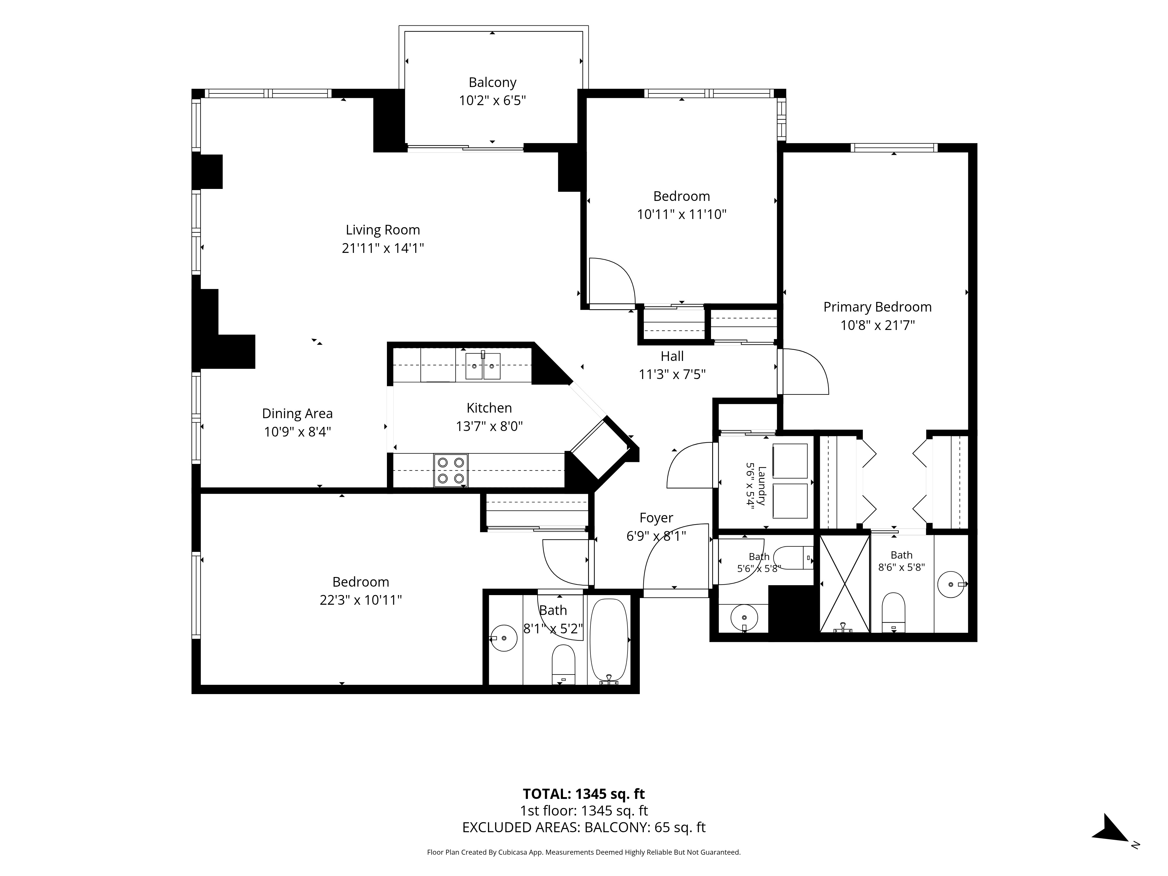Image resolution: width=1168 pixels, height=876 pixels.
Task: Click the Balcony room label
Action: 492,82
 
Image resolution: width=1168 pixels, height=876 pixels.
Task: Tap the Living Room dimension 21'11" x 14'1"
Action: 383,248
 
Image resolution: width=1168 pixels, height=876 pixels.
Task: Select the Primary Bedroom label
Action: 877,307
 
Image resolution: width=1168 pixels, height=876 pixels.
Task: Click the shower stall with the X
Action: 844,583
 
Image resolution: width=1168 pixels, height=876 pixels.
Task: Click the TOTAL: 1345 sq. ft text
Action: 583,794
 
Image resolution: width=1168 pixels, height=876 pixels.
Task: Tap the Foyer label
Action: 656,518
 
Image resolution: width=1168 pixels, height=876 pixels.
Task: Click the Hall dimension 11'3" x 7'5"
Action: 672,374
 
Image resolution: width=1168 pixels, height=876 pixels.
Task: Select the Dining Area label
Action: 297,413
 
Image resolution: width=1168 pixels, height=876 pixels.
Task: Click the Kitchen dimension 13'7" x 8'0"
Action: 489,426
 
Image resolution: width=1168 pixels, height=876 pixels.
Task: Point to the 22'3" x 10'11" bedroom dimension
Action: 361,600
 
